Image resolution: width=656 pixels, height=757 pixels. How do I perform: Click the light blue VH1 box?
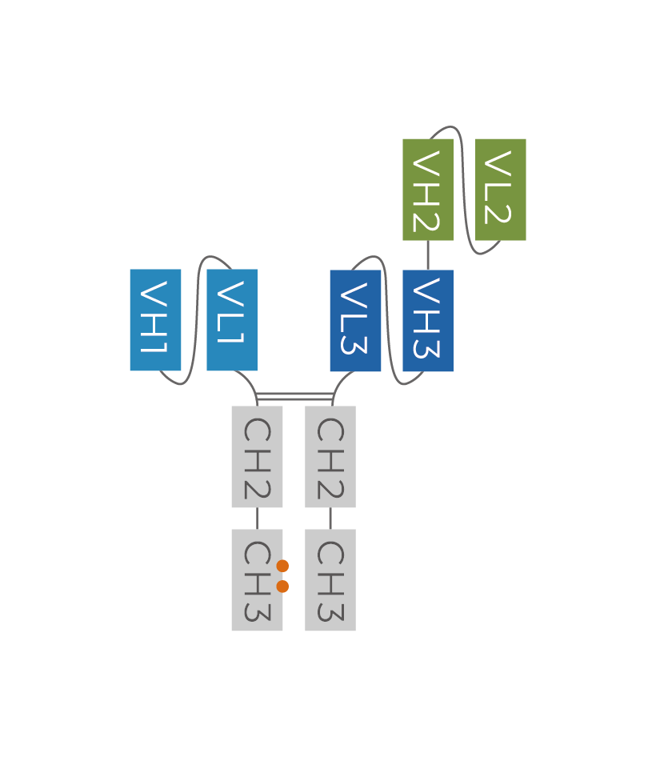pyautogui.click(x=155, y=320)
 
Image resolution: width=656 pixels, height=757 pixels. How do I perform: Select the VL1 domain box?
pyautogui.click(x=232, y=320)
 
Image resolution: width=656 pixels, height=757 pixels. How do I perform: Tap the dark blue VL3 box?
pyautogui.click(x=355, y=321)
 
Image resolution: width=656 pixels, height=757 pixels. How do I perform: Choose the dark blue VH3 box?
pyautogui.click(x=428, y=321)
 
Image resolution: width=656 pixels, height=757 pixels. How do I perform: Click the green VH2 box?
pyautogui.click(x=428, y=190)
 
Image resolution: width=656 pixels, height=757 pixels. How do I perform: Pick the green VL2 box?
pyautogui.click(x=501, y=190)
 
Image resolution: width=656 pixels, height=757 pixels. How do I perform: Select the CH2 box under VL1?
pyautogui.click(x=257, y=457)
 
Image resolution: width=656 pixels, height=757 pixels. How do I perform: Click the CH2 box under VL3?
pyautogui.click(x=330, y=457)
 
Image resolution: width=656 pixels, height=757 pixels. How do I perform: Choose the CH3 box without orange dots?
pyautogui.click(x=330, y=580)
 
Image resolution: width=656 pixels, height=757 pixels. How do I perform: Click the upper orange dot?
pyautogui.click(x=282, y=567)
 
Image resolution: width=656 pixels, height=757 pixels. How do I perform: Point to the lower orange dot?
pyautogui.click(x=282, y=587)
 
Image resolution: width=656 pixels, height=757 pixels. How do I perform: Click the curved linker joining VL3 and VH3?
pyautogui.click(x=388, y=320)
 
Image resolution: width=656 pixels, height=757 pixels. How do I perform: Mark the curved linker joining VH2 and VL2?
pyautogui.click(x=463, y=190)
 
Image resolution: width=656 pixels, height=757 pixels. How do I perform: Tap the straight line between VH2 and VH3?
pyautogui.click(x=428, y=255)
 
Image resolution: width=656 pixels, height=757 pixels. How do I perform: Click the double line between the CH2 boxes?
pyautogui.click(x=294, y=396)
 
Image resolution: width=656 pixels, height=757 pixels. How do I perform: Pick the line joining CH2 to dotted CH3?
pyautogui.click(x=257, y=519)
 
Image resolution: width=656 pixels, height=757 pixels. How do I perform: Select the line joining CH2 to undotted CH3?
pyautogui.click(x=330, y=519)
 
